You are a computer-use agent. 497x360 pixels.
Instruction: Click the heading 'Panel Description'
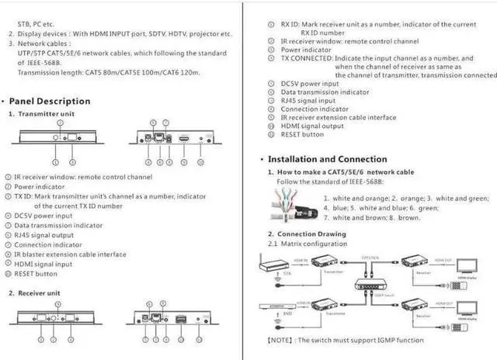click(x=51, y=101)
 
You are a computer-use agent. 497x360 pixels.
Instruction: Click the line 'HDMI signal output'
click(x=312, y=126)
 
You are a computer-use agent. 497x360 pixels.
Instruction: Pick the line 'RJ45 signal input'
click(x=308, y=100)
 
